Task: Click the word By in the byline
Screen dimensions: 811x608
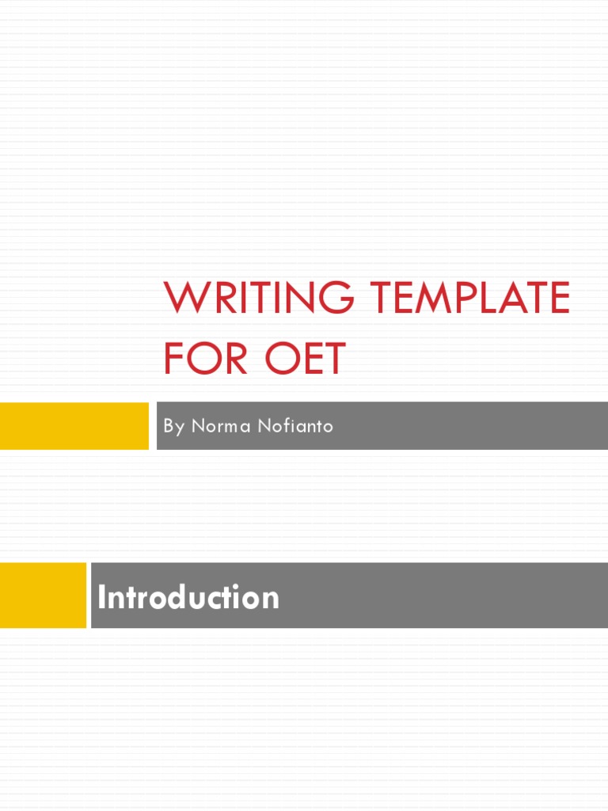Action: (173, 426)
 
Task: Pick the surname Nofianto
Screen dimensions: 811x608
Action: (294, 426)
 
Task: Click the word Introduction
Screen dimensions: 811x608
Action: (188, 597)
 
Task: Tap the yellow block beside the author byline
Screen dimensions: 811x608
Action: (74, 426)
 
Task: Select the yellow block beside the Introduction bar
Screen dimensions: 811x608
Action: (43, 596)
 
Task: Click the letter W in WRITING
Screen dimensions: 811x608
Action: (184, 298)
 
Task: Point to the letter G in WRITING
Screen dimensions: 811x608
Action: (337, 298)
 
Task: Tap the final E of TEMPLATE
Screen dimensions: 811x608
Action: (559, 298)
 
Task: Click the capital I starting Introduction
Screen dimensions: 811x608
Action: (101, 597)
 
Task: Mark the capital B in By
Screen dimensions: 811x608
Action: (169, 426)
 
